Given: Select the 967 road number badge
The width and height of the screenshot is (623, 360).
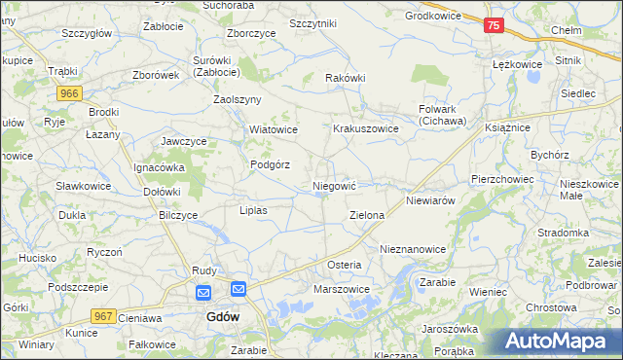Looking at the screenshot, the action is tap(104, 316).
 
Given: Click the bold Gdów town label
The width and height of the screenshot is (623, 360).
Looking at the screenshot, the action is tap(224, 317).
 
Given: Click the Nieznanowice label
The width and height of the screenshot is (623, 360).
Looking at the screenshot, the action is tap(413, 249).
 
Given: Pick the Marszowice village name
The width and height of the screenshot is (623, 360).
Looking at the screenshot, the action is tap(341, 289).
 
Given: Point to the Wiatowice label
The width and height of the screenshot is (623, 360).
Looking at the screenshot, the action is tap(273, 129).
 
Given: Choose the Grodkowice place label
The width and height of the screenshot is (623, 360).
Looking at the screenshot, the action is tap(436, 16).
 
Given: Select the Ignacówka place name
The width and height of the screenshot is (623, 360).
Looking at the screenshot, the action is tap(159, 166).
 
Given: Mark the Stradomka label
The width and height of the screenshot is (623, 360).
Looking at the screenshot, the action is tap(564, 234).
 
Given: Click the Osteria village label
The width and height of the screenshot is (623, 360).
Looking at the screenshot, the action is tap(344, 265).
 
